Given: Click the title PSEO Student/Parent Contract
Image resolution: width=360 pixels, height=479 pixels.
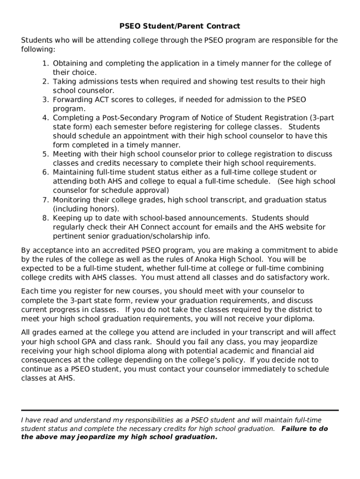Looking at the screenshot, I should pos(180,26).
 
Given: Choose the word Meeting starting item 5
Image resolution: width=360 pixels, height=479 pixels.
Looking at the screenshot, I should pos(66,154).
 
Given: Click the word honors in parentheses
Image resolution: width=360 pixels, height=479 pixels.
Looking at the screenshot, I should pos(104,209).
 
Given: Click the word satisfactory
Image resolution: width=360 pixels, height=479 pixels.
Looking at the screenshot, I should pos(288,277).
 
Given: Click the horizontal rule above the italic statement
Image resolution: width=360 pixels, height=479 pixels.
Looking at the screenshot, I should pos(180,410).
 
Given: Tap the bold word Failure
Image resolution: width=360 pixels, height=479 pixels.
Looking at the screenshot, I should pos(295,428).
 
